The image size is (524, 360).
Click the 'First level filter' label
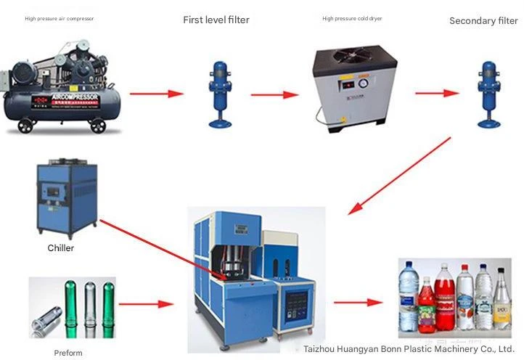(216, 20)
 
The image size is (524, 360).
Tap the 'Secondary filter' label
(483, 21)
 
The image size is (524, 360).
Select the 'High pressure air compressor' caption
(60, 18)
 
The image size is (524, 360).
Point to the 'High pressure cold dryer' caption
(352, 19)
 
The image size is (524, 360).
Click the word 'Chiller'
(61, 248)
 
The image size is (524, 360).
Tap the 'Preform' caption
(68, 353)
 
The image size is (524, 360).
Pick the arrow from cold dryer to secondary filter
(436, 93)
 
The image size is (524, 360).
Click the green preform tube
(70, 301)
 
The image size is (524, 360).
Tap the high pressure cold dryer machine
(348, 83)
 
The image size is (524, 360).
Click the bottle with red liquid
(446, 298)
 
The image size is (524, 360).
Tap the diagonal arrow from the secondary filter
(398, 175)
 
